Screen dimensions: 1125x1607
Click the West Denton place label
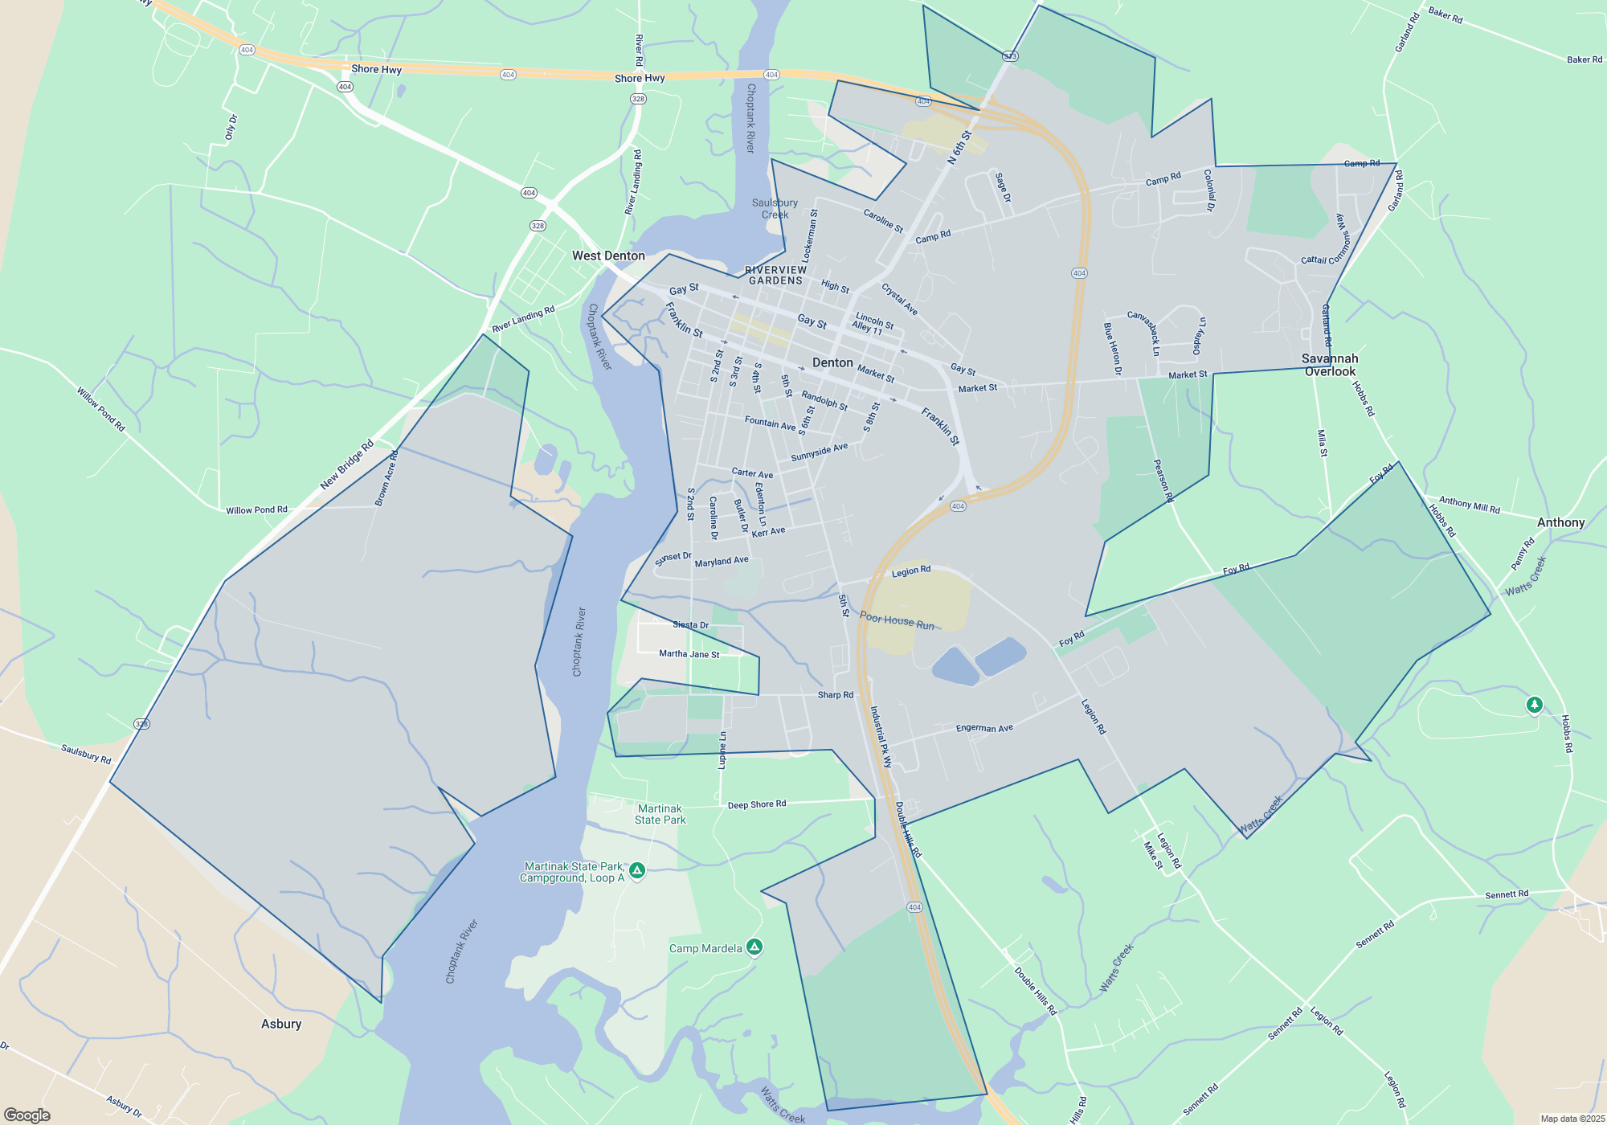[608, 256]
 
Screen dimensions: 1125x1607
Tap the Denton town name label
[832, 362]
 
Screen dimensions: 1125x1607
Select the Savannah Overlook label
[1330, 365]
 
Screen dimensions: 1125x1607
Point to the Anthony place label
[1560, 522]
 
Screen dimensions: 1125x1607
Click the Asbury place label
[281, 1024]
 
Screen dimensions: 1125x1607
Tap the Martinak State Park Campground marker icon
[637, 870]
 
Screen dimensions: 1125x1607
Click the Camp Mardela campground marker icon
[754, 947]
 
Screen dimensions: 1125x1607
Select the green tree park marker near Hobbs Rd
[1535, 705]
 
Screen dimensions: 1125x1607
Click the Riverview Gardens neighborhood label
[775, 275]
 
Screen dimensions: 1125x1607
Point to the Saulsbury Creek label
[775, 208]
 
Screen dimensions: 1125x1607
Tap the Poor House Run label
[897, 620]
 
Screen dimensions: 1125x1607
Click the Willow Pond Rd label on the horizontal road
[256, 510]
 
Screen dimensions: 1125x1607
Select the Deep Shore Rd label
[757, 804]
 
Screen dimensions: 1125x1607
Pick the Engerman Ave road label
[984, 728]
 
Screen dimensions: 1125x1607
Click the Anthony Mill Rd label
[1469, 505]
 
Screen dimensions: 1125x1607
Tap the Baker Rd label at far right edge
[1585, 59]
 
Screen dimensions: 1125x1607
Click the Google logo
[27, 1115]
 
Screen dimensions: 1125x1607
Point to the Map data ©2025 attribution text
[1572, 1119]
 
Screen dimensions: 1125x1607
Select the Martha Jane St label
[689, 654]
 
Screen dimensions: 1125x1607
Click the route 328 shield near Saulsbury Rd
[141, 724]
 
